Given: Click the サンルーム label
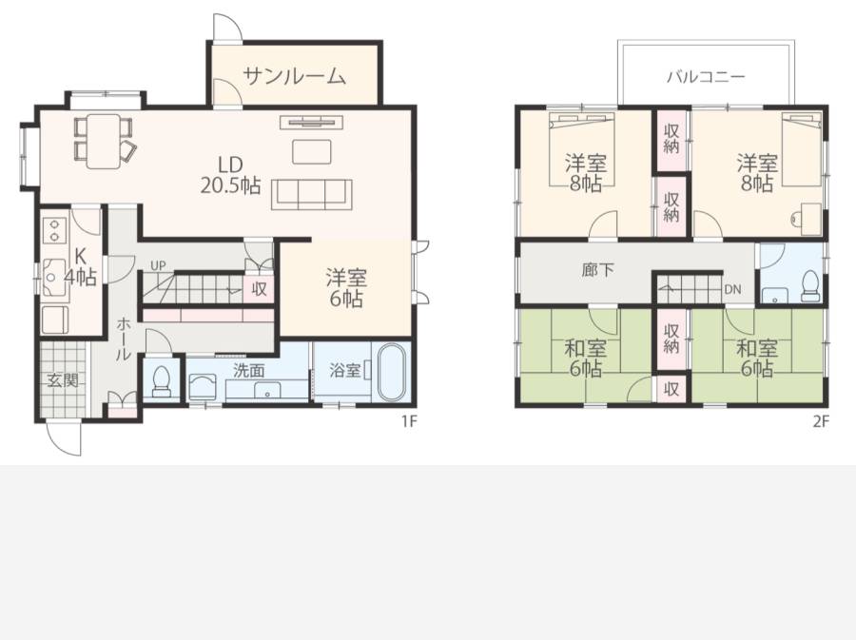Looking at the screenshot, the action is [294, 76].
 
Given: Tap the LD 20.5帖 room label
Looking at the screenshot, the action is [230, 175].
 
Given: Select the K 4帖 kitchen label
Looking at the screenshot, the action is [80, 266].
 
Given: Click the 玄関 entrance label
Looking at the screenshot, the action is [63, 380].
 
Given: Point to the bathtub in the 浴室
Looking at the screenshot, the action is [390, 372].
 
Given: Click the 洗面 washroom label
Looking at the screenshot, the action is [249, 371].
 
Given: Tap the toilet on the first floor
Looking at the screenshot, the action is [161, 381].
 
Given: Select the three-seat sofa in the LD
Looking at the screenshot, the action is [312, 194].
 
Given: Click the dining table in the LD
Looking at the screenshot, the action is [103, 141].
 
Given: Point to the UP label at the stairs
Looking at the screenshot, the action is [158, 265].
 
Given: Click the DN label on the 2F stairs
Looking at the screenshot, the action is [732, 289].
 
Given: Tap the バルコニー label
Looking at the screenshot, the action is [706, 76].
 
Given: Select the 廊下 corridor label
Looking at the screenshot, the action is [598, 269].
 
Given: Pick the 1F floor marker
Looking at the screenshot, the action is [409, 421].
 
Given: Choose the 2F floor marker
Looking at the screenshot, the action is [821, 421].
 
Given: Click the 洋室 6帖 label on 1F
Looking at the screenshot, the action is [346, 287].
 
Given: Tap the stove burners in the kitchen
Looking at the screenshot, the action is [54, 230].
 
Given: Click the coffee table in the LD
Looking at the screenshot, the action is [312, 152].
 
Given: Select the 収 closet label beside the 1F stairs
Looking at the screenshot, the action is [259, 289].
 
